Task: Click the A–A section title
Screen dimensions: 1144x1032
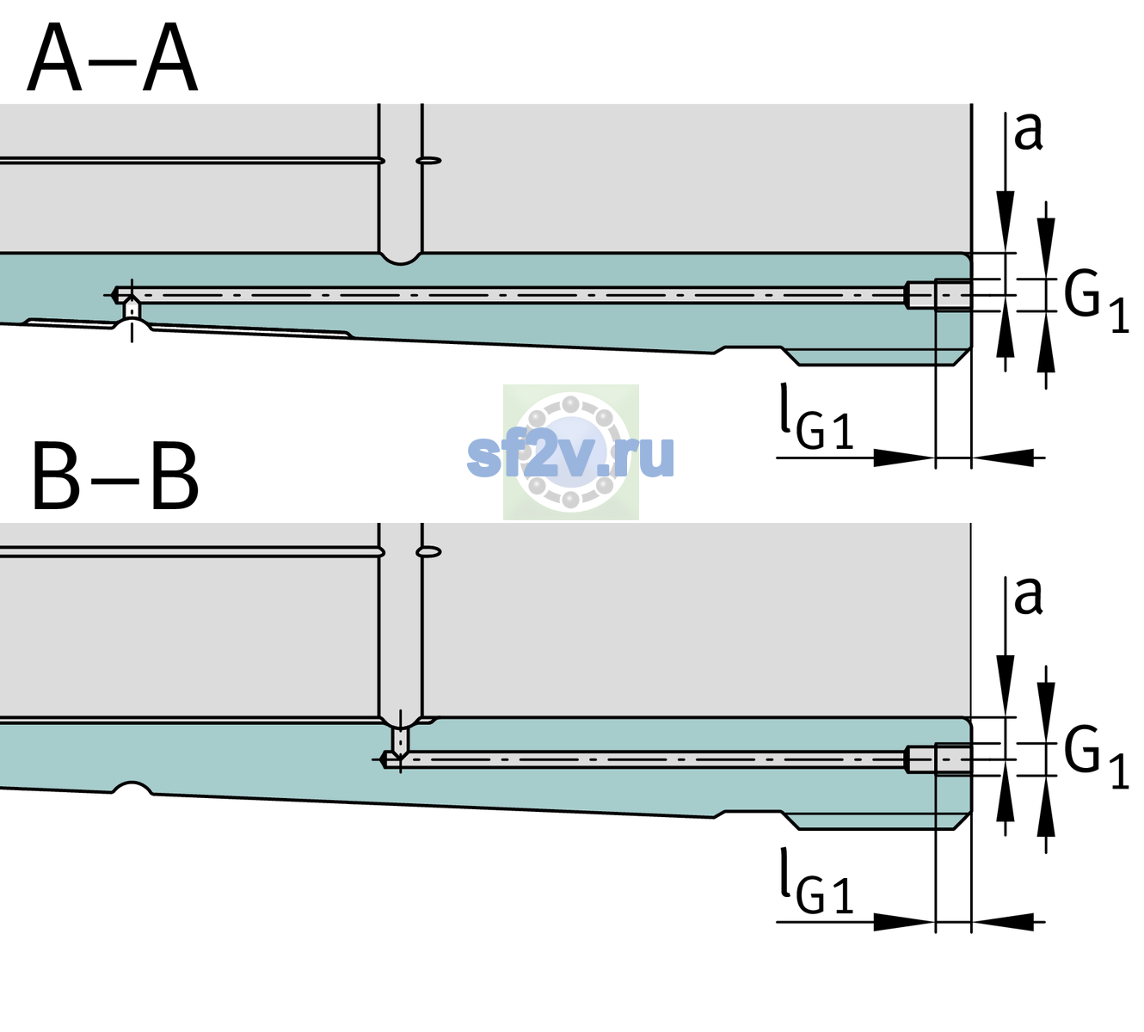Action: click(x=113, y=58)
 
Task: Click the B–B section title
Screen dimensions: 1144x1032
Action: click(x=116, y=476)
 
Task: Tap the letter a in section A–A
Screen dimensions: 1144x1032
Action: click(x=1028, y=132)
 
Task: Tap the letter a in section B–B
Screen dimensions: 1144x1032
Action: click(x=1028, y=596)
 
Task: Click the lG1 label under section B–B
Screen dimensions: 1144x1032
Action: click(x=816, y=881)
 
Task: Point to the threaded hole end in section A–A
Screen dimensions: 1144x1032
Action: click(x=938, y=295)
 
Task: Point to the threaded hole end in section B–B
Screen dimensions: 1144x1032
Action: click(x=938, y=759)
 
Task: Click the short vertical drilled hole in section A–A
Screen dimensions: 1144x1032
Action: click(x=132, y=309)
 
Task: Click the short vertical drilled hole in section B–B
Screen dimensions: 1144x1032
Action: click(x=401, y=740)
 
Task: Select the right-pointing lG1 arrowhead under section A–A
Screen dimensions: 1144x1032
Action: click(x=905, y=458)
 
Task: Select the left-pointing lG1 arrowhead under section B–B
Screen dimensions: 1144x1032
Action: click(x=1003, y=921)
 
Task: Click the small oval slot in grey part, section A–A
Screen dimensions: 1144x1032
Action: click(x=428, y=161)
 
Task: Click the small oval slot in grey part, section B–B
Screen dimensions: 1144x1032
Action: click(x=428, y=552)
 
